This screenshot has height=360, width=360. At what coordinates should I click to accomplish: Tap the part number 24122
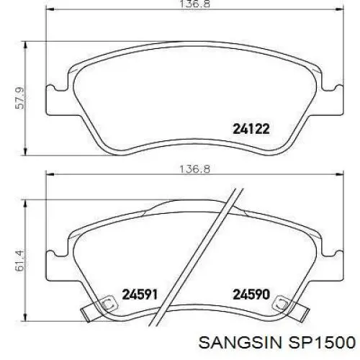point(251,130)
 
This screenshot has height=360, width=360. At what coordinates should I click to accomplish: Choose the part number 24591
point(140,294)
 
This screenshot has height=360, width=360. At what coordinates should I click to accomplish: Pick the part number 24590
point(251,294)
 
